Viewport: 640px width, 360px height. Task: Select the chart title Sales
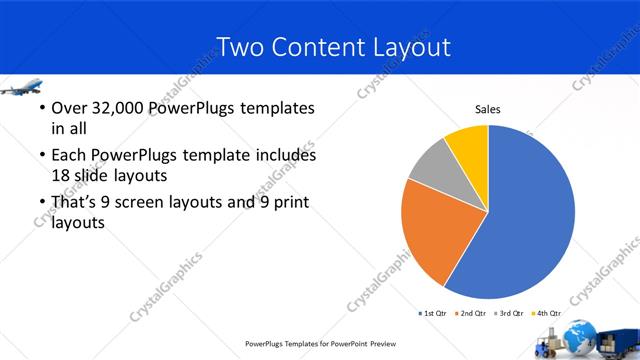click(487, 110)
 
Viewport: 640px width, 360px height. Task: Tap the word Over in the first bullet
click(69, 108)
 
